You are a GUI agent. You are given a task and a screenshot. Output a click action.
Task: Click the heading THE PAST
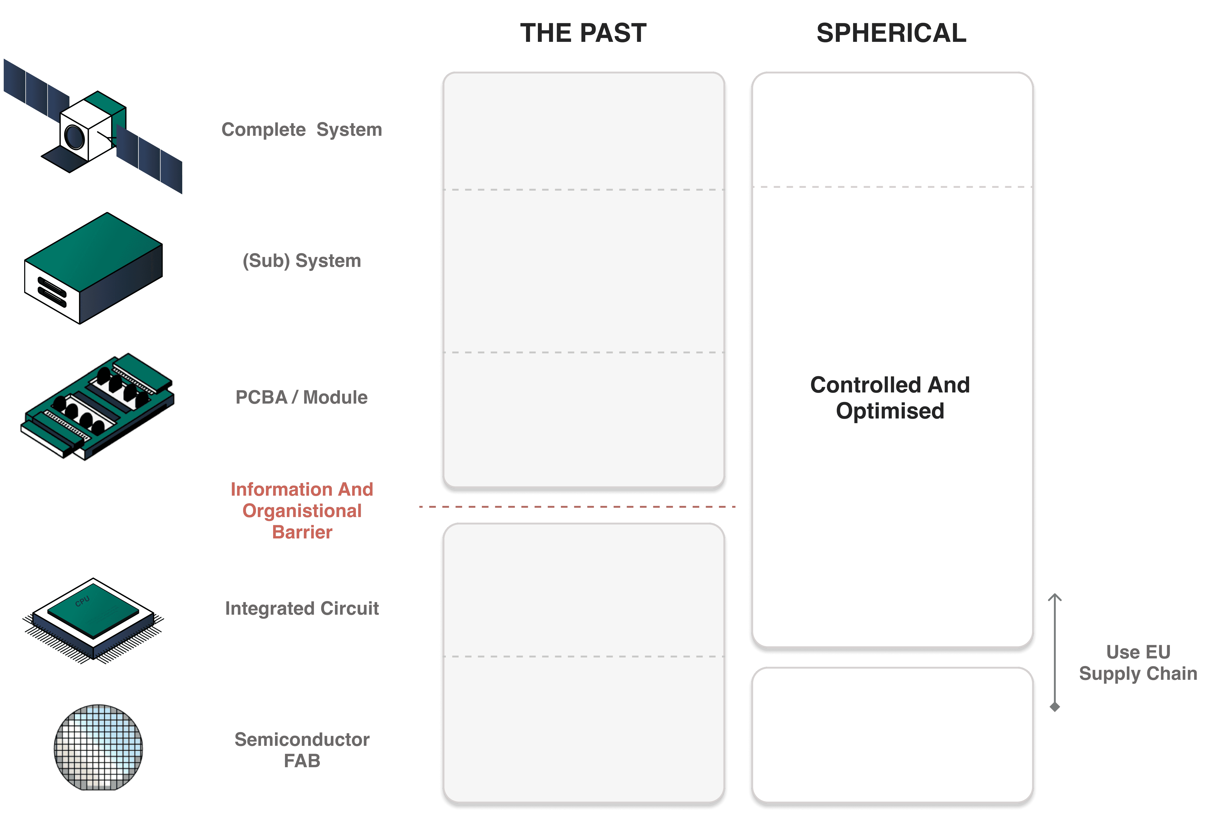click(x=583, y=33)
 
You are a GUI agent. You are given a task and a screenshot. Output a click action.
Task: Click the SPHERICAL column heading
click(x=891, y=33)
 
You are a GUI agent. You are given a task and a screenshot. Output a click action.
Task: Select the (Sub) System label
click(x=302, y=260)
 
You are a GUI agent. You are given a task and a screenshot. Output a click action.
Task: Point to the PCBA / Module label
click(x=302, y=397)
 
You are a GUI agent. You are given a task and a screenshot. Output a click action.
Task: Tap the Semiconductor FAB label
click(x=302, y=750)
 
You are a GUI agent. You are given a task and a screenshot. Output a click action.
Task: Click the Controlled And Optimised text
click(x=890, y=398)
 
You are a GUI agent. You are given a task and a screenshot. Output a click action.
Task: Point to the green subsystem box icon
click(x=93, y=268)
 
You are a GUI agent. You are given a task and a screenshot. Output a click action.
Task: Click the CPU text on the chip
click(x=83, y=601)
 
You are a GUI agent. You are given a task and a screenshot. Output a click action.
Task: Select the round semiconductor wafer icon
click(x=99, y=747)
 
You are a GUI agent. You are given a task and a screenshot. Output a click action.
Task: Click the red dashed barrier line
click(x=577, y=506)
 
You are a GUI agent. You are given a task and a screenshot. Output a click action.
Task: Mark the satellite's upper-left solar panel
click(x=36, y=88)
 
